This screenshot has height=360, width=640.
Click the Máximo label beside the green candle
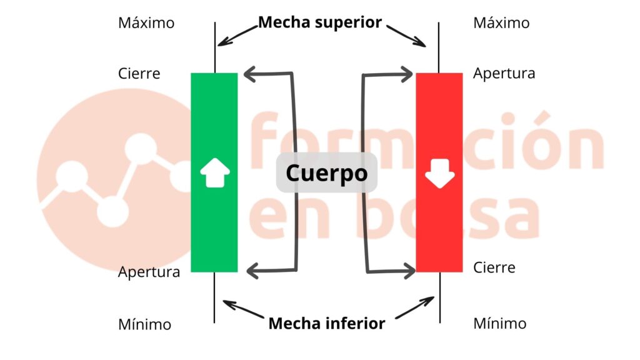coord(146,23)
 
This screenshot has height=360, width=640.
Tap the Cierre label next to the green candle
coord(139,74)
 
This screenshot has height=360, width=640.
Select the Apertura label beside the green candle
coord(149,272)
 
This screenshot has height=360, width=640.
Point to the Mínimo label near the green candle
coord(144,324)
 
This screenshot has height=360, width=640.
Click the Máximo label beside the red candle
coord(501,23)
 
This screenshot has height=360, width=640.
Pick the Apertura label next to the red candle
coord(504,74)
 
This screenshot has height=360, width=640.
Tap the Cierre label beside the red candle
coord(494,267)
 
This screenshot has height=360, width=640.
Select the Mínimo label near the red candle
coord(499,324)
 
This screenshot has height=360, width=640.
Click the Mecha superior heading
coord(320,22)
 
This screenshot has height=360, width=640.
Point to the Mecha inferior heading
coord(327,323)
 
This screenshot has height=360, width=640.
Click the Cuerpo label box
coord(327,172)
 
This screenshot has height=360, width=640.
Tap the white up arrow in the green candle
coord(214,173)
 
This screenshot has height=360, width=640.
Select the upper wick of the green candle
coord(214,47)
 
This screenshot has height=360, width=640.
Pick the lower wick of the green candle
coord(214,297)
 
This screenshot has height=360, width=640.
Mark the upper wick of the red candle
coord(439,47)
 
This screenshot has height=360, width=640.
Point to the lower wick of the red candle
coord(439,297)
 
